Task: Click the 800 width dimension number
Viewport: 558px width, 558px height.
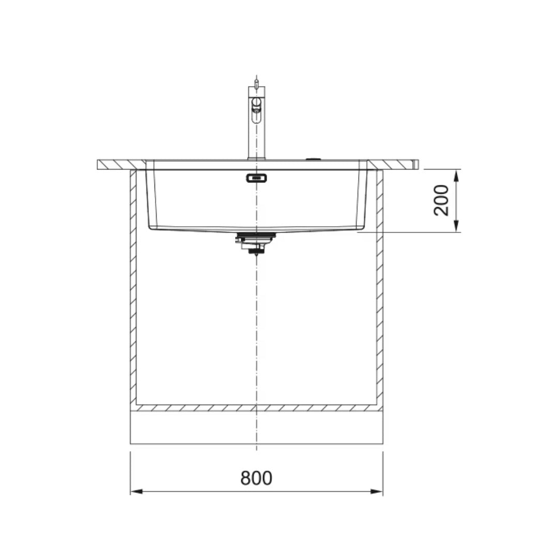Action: click(256, 478)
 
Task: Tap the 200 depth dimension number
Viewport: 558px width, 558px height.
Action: click(442, 200)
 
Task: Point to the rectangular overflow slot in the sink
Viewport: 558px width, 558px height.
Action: click(256, 178)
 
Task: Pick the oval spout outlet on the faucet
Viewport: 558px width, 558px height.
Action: click(256, 106)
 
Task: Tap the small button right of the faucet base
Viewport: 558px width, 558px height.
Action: click(313, 159)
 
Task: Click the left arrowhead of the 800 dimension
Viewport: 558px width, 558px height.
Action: click(135, 491)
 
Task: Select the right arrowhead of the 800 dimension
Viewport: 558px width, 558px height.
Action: click(378, 491)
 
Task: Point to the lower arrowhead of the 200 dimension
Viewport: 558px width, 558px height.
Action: click(456, 227)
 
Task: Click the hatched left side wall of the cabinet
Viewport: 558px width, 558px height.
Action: click(133, 284)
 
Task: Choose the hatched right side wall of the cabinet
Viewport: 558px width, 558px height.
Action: click(380, 284)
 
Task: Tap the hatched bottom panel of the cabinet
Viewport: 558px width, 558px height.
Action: click(256, 408)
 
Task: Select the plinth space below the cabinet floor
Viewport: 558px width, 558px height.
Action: click(256, 427)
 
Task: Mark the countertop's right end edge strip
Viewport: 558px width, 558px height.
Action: click(416, 164)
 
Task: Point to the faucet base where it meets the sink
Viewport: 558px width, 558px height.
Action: click(256, 158)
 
